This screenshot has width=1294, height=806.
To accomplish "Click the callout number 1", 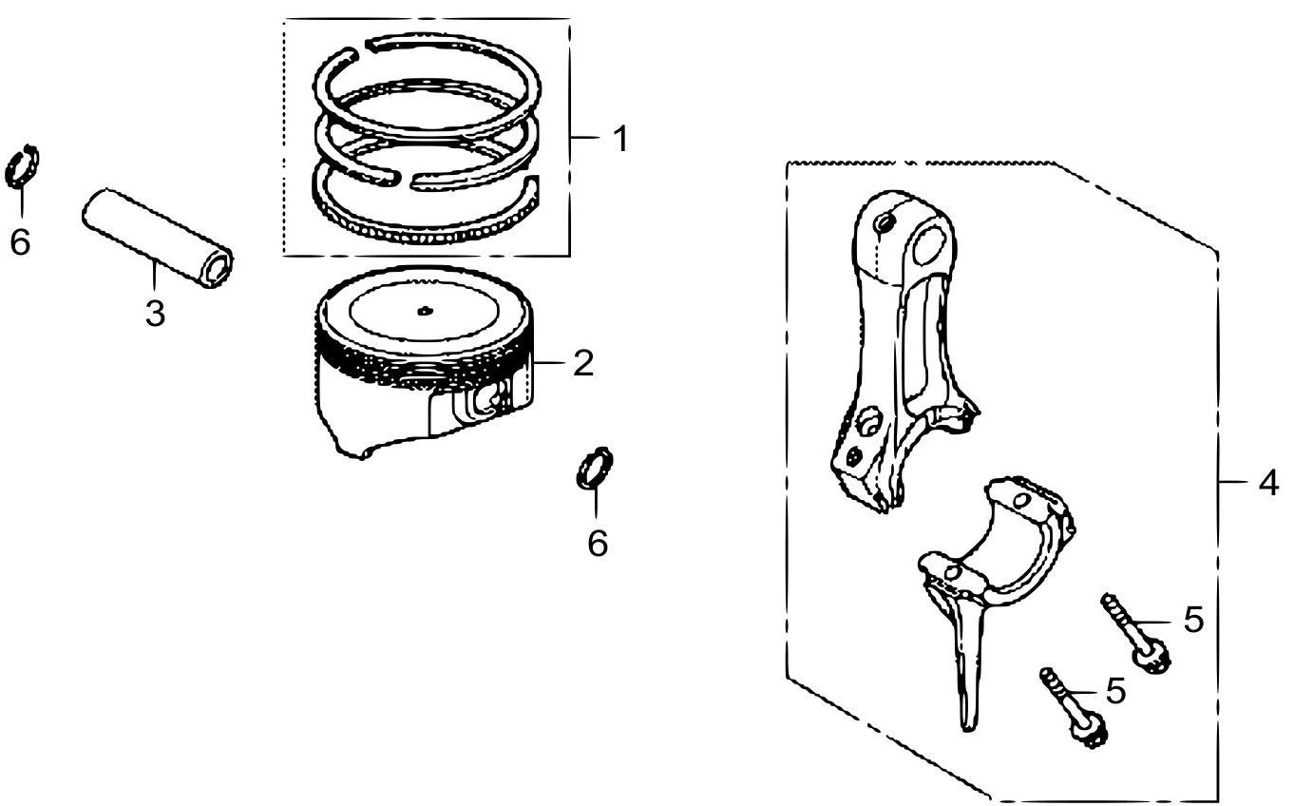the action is coord(619,139).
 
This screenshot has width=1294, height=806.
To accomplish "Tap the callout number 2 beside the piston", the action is coord(583,363).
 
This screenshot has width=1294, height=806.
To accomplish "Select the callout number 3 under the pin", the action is coord(155,314).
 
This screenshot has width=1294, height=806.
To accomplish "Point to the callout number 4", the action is coord(1268,483).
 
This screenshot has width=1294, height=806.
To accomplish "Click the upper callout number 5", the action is coord(1193,620).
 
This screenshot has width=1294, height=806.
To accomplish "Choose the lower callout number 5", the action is coord(1116,690).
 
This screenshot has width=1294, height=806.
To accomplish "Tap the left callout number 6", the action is coord(20,241).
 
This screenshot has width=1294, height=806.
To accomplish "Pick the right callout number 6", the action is coord(598,543).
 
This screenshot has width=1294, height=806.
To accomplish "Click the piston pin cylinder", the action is coord(158,238).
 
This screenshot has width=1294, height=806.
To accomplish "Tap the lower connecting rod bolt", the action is coord(1073,708).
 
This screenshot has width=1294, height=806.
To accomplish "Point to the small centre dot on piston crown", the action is coord(425,311).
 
